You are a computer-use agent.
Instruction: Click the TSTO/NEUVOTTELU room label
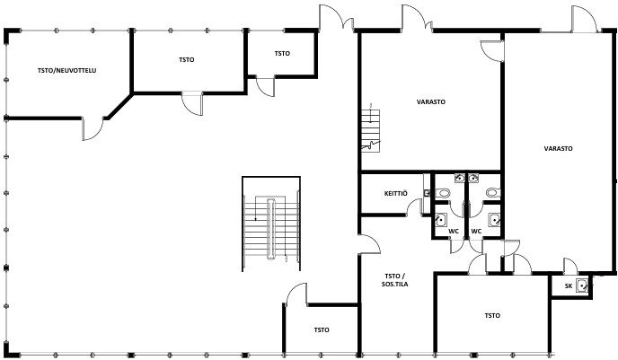pos(67,71)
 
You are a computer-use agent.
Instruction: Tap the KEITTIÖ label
pos(396,193)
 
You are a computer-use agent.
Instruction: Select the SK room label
pos(569,286)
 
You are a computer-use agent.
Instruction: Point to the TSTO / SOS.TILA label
pos(394,280)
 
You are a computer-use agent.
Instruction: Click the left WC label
pos(454,232)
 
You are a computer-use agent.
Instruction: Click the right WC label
pos(476,232)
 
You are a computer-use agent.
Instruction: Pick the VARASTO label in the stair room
pos(431,101)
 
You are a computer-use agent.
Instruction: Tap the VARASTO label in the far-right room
pos(558,148)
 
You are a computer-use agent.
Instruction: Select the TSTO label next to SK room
pos(492,315)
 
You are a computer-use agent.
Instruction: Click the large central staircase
pos(271,224)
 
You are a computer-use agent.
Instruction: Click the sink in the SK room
pos(582,285)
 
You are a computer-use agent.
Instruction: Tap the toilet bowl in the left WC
pos(444,193)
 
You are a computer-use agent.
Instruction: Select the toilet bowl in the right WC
pos(492,193)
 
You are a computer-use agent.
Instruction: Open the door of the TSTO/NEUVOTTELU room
pos(93,128)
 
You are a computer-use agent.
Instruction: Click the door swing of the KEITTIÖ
pos(414,206)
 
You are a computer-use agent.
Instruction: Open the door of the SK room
pos(569,266)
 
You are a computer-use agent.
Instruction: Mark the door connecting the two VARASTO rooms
pos(492,51)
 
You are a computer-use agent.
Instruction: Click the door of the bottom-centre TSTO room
pos(296,294)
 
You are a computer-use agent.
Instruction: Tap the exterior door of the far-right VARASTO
pos(585,19)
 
